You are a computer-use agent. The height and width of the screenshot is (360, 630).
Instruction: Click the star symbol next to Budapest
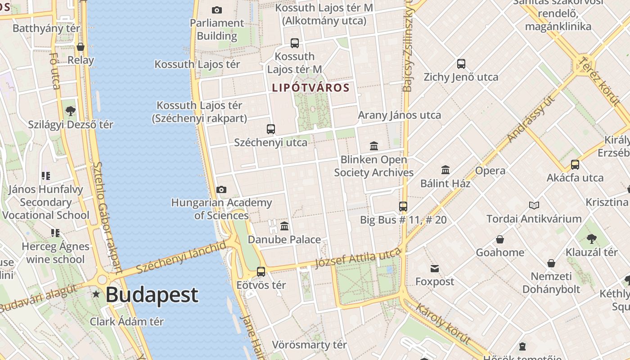point(96,294)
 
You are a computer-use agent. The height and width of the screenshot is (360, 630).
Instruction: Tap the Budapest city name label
point(152,295)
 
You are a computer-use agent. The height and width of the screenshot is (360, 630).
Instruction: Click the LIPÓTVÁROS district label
point(310,88)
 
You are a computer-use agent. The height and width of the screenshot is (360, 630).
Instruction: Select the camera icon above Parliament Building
point(216,10)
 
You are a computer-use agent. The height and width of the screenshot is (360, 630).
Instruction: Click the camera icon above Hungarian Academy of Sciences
point(221,190)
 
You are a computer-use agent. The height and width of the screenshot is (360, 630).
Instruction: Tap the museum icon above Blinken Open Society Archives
point(373,146)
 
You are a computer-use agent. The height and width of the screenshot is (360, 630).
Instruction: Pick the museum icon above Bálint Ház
point(445,170)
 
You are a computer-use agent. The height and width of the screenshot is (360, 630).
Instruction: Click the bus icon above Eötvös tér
point(261,271)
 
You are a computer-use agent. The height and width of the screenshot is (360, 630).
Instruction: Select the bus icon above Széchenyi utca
point(270,129)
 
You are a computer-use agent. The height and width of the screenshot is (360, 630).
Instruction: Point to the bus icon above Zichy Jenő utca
point(461,64)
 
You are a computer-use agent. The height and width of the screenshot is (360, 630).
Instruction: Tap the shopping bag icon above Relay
point(81,47)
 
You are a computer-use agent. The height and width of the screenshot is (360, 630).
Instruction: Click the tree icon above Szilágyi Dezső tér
point(70,111)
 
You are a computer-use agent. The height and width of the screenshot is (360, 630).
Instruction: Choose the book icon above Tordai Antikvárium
point(534,205)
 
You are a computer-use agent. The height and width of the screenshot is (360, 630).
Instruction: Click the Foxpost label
point(434,282)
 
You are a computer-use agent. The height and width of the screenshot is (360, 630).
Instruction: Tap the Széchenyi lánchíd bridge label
point(181,257)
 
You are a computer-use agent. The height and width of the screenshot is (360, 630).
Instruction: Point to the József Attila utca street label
point(358,259)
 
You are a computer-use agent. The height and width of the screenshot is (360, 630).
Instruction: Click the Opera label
point(490,171)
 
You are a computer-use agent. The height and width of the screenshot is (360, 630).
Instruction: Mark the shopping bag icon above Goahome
point(499,239)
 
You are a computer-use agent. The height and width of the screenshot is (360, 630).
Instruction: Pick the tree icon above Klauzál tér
point(591,239)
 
